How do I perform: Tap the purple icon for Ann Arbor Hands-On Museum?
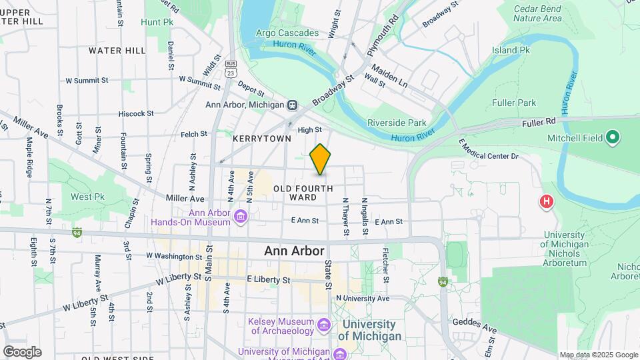pyautogui.click(x=241, y=216)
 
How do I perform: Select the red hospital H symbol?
pyautogui.click(x=547, y=201)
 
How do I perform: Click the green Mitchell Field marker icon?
pyautogui.click(x=613, y=138)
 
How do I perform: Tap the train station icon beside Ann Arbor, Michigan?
pyautogui.click(x=292, y=105)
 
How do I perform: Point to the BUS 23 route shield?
pyautogui.click(x=231, y=69)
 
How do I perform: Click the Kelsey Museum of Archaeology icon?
pyautogui.click(x=324, y=325)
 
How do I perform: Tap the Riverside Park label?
pyautogui.click(x=397, y=123)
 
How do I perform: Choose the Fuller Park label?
pyautogui.click(x=514, y=103)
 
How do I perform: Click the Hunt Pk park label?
pyautogui.click(x=157, y=22)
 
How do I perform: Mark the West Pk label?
pyautogui.click(x=88, y=197)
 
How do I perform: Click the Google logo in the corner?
pyautogui.click(x=21, y=351)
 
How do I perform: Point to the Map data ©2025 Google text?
pyautogui.click(x=597, y=355)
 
